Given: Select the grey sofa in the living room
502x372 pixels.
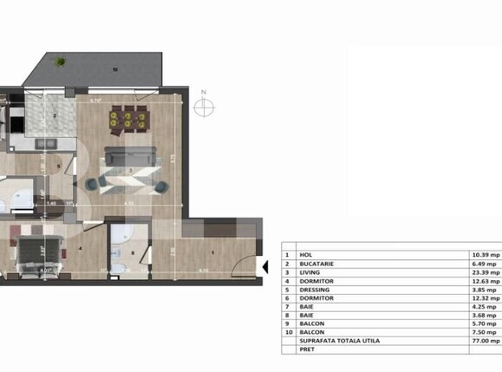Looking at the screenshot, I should point(130,157).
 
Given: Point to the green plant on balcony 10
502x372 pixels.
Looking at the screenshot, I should point(61,62).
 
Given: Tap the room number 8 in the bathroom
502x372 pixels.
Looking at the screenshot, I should point(132,253).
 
